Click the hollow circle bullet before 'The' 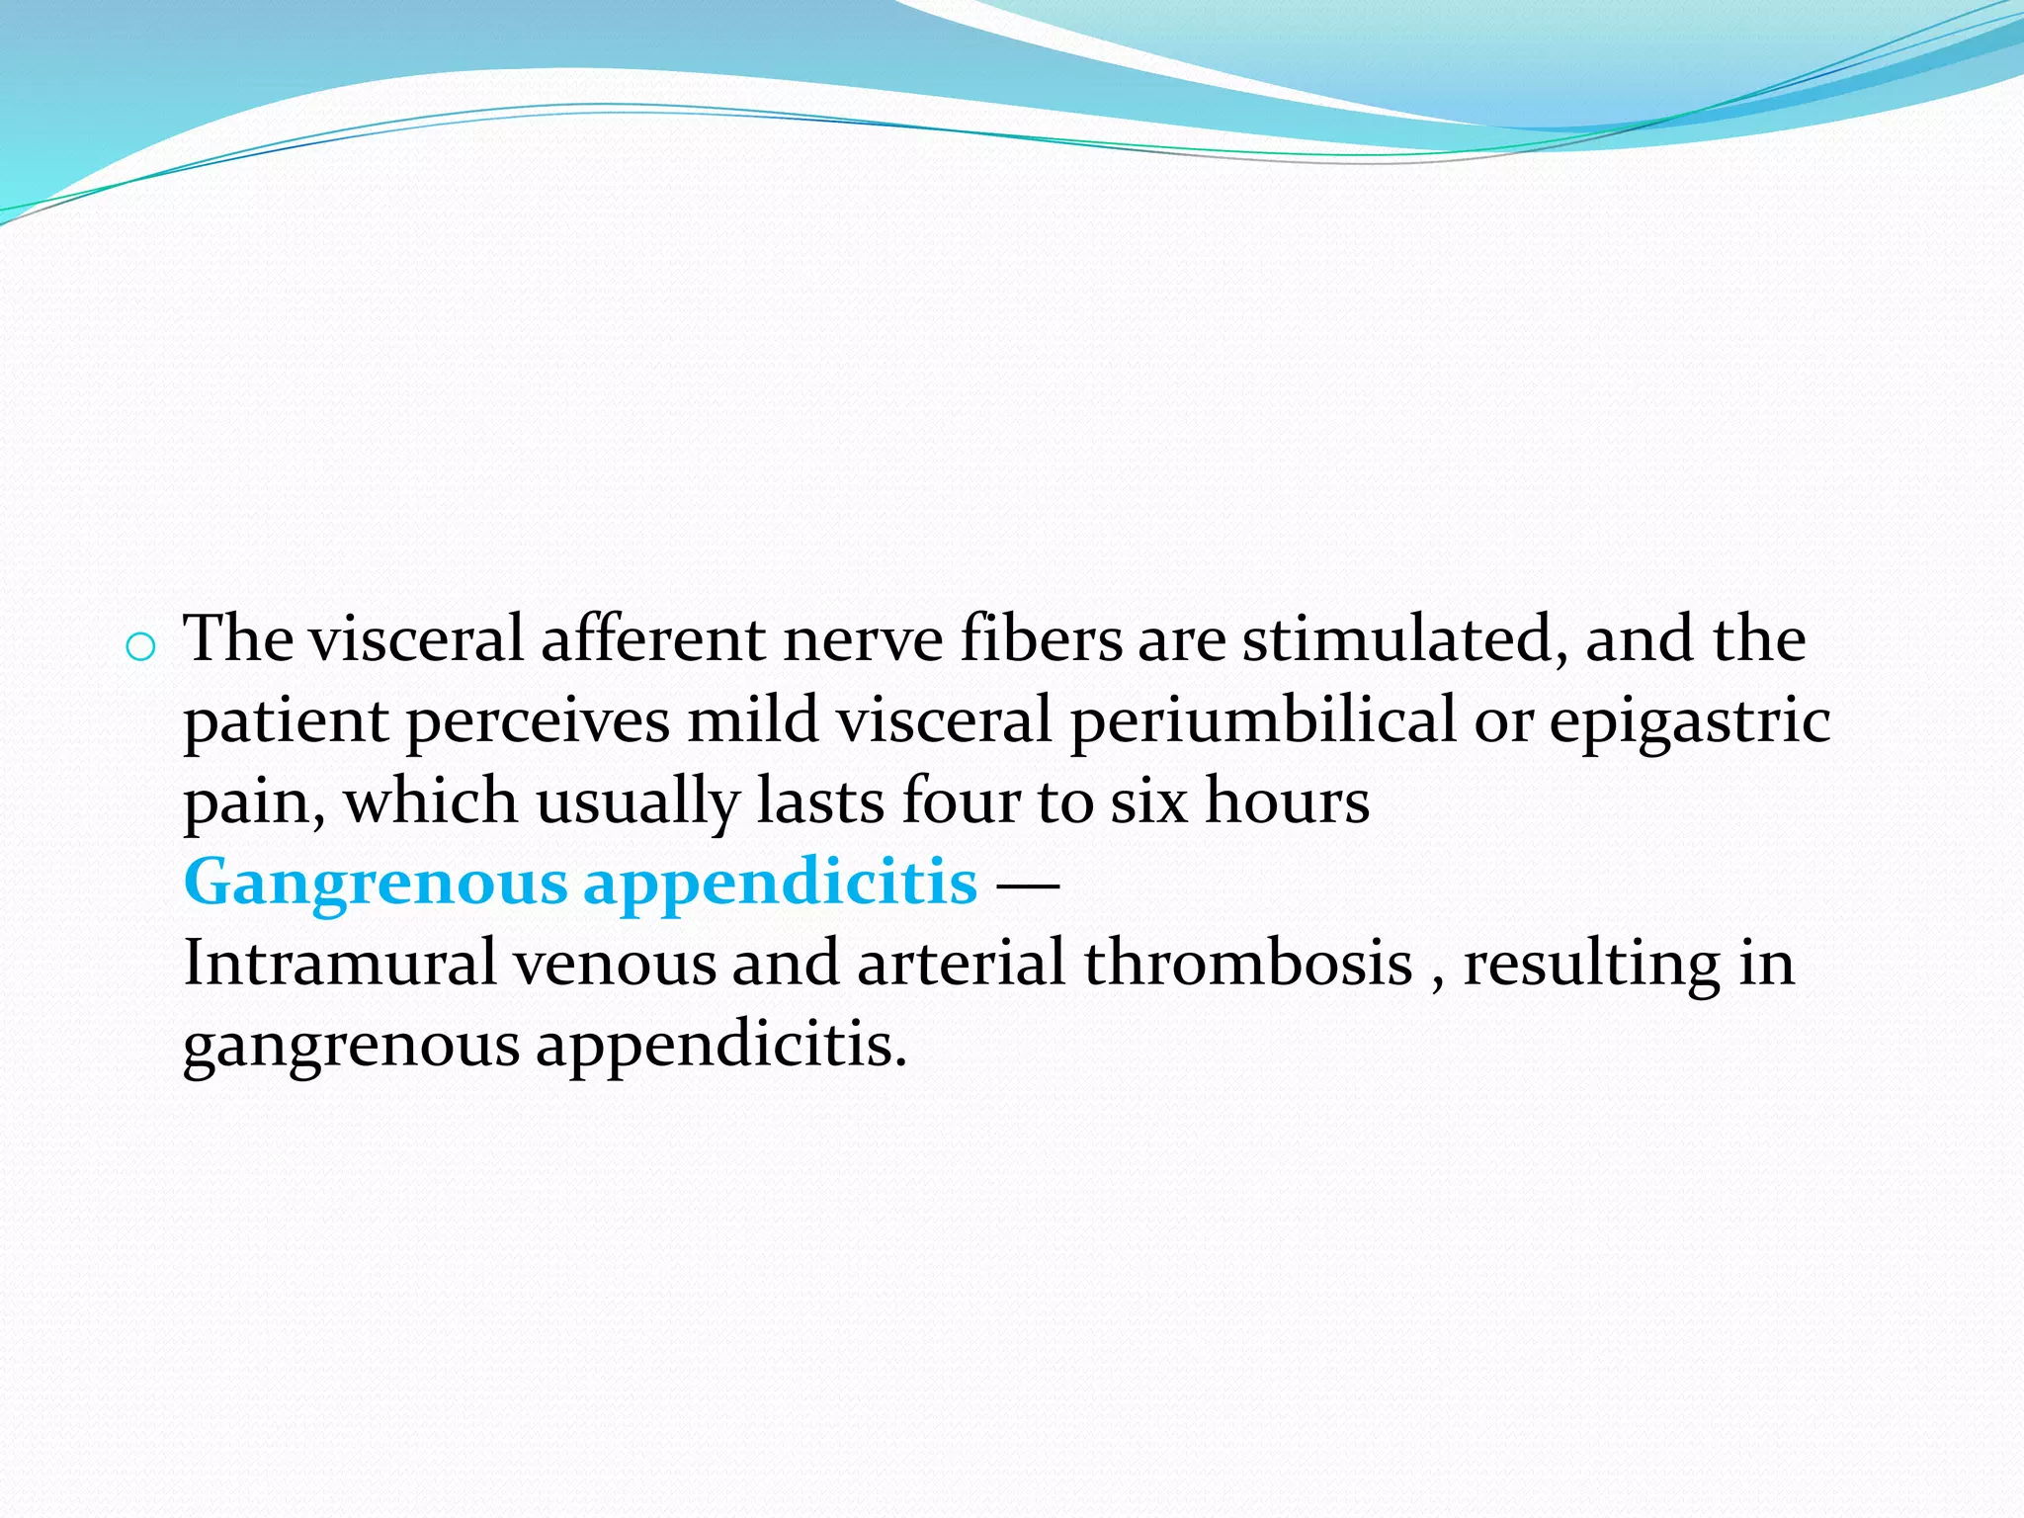140,647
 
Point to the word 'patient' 286,721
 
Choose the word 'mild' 753,719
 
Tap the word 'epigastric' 1689,721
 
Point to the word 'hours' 1287,801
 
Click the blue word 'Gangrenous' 376,884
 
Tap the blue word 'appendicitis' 780,884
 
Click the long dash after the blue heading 1028,884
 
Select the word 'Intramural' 339,963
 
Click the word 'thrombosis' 1247,963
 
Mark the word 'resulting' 1591,965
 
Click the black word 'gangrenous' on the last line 351,1046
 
